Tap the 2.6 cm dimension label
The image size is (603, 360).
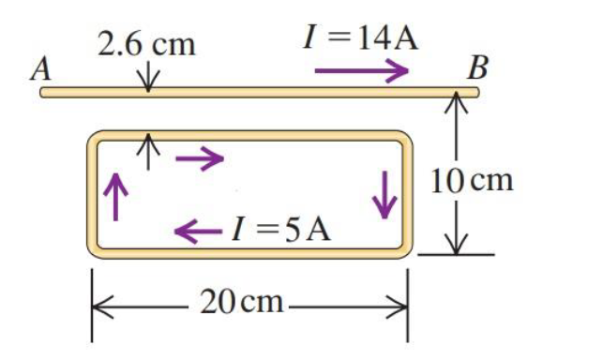click(x=147, y=44)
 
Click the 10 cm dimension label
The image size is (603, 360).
click(x=473, y=179)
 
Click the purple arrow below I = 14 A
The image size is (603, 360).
click(x=361, y=70)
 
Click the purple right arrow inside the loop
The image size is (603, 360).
click(x=199, y=158)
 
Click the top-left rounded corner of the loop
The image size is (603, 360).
click(x=98, y=142)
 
